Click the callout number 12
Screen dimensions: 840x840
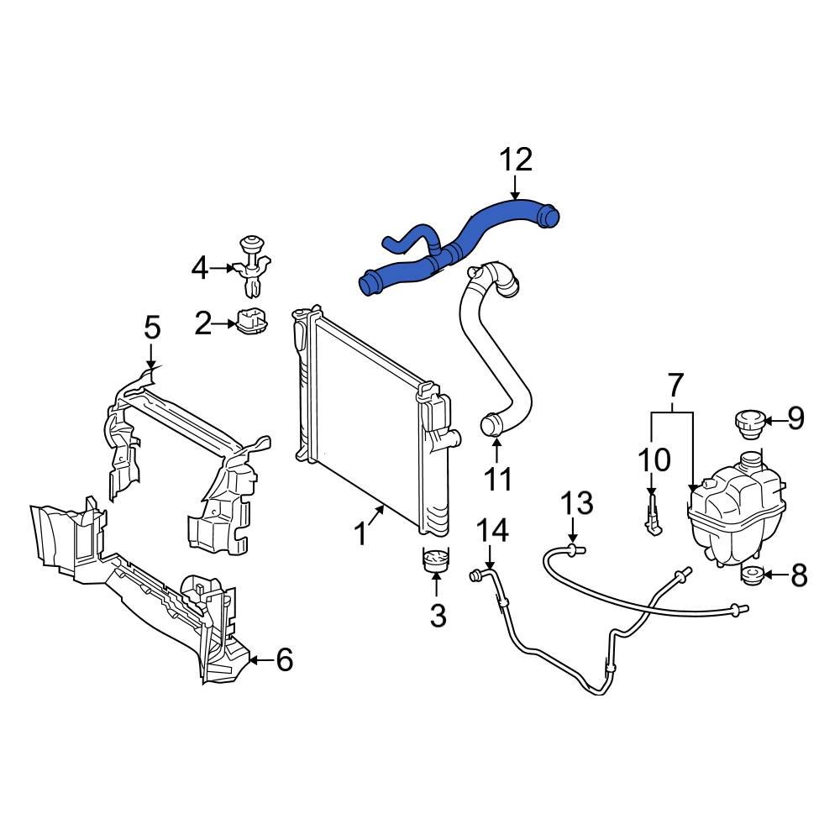[x=516, y=159]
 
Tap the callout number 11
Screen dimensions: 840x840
[x=497, y=478]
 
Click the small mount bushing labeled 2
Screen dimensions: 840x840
[x=250, y=322]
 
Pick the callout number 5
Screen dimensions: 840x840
[x=151, y=328]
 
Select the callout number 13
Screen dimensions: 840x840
[x=577, y=504]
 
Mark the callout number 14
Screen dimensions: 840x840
[x=493, y=530]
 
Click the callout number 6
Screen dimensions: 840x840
[x=285, y=661]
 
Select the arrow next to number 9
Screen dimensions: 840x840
[x=774, y=418]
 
